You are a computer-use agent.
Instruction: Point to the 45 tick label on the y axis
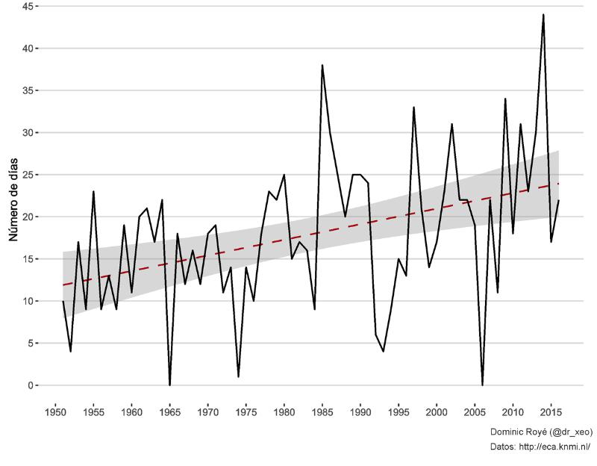tap(25, 6)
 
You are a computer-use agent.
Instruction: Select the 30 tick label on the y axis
tap(25, 133)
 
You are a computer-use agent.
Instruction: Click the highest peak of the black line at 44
tap(543, 15)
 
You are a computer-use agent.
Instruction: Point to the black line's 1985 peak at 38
tap(322, 66)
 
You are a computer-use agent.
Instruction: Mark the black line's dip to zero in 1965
tap(169, 385)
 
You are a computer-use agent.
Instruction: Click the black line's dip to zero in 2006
tap(482, 385)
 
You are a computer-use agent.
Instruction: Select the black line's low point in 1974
tap(238, 376)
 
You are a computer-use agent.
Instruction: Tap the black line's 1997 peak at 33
tap(413, 108)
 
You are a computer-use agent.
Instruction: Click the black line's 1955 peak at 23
tap(93, 192)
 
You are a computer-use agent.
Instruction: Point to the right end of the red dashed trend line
tap(558, 184)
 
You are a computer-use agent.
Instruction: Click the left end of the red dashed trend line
tap(63, 285)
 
